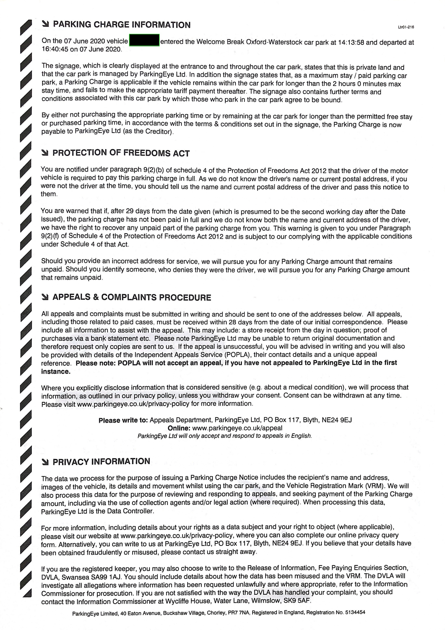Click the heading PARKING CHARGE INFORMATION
pyautogui.click(x=122, y=25)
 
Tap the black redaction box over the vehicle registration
pyautogui.click(x=144, y=41)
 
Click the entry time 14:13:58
pyautogui.click(x=351, y=42)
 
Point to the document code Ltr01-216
pyautogui.click(x=406, y=27)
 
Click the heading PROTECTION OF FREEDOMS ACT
pyautogui.click(x=121, y=153)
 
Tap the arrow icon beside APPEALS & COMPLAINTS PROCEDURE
pyautogui.click(x=45, y=297)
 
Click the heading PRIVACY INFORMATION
pyautogui.click(x=101, y=462)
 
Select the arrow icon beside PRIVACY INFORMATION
pyautogui.click(x=45, y=462)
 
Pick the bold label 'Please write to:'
pyautogui.click(x=123, y=420)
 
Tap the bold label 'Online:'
pyautogui.click(x=179, y=428)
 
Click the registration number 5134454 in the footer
pyautogui.click(x=355, y=613)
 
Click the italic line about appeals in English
pyautogui.click(x=225, y=436)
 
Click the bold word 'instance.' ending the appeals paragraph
pyautogui.click(x=56, y=372)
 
